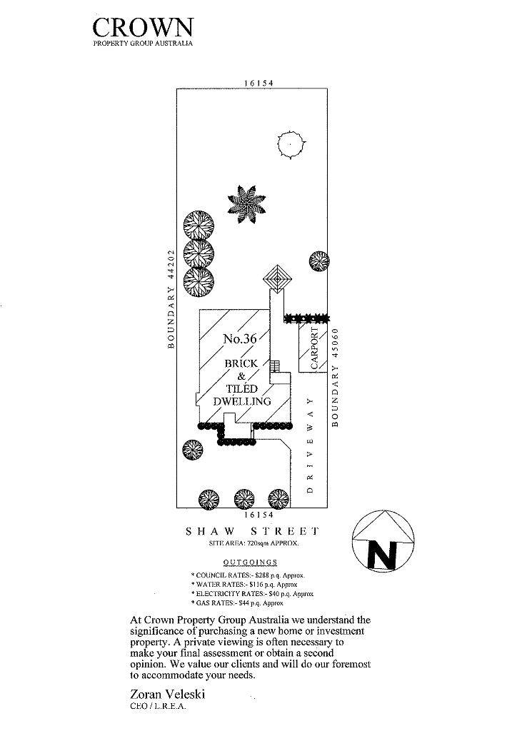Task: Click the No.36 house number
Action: (239, 339)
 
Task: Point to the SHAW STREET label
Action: (251, 532)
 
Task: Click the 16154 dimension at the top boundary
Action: (259, 83)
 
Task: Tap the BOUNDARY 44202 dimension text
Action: (171, 298)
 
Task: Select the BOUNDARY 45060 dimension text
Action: (336, 376)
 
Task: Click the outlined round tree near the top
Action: (291, 145)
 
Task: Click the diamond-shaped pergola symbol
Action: (278, 278)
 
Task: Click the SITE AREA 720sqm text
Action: (251, 544)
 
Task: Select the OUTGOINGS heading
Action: (251, 563)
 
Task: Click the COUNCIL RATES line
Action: (249, 575)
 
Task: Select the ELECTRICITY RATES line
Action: (252, 594)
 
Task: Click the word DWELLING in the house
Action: (243, 401)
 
